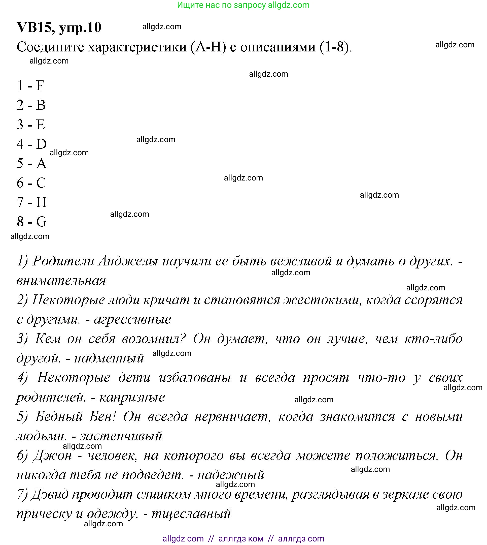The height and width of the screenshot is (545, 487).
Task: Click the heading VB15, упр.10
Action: click(59, 27)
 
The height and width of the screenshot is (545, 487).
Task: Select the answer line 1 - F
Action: click(30, 85)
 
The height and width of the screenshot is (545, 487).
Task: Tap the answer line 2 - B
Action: click(31, 105)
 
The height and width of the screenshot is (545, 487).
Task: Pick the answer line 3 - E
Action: click(31, 125)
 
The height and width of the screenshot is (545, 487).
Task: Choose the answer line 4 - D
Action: click(31, 144)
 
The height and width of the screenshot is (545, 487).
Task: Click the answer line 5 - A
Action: click(31, 163)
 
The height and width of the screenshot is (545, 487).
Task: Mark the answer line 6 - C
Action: click(31, 183)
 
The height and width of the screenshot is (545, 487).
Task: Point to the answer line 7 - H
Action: click(31, 202)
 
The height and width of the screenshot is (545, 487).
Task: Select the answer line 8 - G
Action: click(31, 222)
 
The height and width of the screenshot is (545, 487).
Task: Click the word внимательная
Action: click(61, 281)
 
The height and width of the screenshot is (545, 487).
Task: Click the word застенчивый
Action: click(121, 436)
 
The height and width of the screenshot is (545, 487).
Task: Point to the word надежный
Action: click(231, 475)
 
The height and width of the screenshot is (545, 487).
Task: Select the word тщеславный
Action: click(191, 514)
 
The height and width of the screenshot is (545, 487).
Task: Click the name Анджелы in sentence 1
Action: click(128, 261)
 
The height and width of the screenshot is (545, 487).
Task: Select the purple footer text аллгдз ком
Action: click(240, 539)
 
